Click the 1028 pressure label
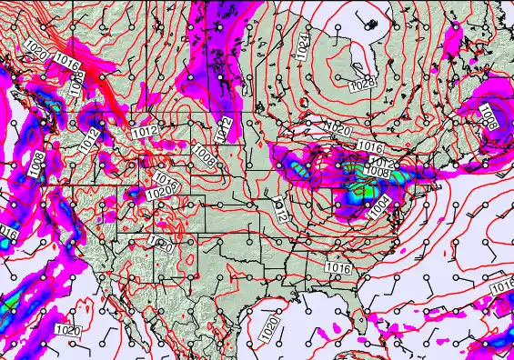[x=362, y=84]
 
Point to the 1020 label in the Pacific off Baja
[x=67, y=329]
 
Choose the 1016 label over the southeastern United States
[x=338, y=268]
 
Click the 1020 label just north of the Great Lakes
[x=338, y=131]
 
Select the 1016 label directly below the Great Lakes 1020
[x=368, y=146]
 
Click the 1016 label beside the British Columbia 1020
[x=66, y=62]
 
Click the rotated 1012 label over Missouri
[x=280, y=211]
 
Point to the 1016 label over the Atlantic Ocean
[x=502, y=286]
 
